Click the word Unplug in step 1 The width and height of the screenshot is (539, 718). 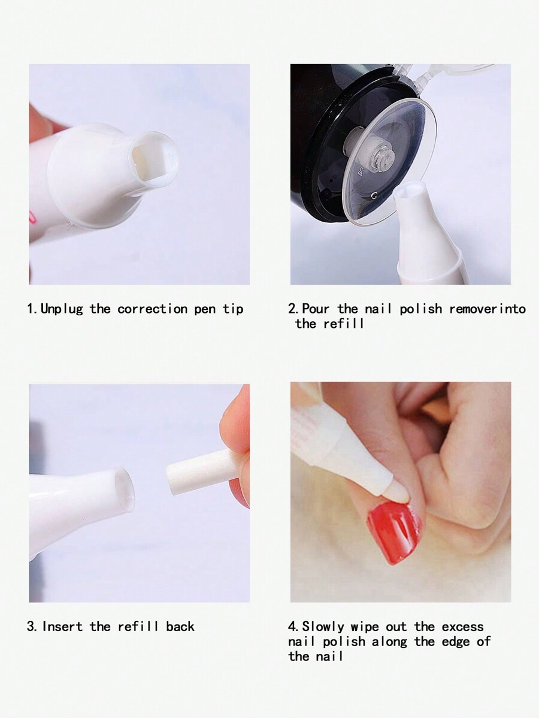[62, 309]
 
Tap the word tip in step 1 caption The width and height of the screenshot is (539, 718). [233, 309]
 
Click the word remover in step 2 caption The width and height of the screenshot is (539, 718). [474, 309]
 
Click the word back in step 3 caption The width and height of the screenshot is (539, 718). [180, 626]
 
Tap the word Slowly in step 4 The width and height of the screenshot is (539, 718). [323, 626]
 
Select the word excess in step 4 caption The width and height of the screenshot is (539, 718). [462, 626]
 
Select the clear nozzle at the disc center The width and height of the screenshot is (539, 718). [380, 156]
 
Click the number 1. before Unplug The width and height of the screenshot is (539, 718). [33, 309]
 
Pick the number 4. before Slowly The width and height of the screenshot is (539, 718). [294, 626]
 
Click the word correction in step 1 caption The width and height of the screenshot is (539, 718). [152, 309]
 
